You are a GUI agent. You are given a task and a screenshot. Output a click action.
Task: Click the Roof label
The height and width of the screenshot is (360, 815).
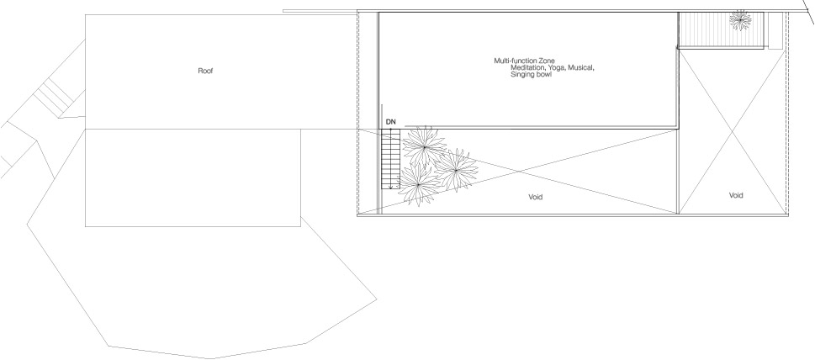coord(205,71)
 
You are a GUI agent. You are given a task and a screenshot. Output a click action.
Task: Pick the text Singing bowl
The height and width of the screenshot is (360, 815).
coord(531,75)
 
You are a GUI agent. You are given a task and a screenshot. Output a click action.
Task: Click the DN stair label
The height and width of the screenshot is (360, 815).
coord(391,122)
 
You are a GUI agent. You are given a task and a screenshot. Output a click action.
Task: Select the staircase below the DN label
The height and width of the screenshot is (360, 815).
coord(390,160)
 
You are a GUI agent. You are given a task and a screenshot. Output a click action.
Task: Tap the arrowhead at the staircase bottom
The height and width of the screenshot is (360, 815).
coord(390,187)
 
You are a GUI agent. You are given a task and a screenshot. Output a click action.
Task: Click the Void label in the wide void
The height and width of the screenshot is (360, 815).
coord(536,197)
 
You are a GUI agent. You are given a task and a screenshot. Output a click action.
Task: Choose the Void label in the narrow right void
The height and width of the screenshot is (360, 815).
coord(735,195)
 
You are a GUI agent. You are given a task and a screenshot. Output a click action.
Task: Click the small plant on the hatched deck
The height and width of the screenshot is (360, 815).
coord(740,20)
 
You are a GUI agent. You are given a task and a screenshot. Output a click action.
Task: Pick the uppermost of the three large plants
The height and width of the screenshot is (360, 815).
coord(424,147)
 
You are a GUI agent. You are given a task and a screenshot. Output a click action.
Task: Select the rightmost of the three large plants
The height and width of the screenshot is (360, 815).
coord(456,170)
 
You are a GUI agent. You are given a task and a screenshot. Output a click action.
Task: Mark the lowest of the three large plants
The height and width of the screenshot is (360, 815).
coord(419,184)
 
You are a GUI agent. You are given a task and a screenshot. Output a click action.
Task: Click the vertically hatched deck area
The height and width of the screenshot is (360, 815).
coord(722,30)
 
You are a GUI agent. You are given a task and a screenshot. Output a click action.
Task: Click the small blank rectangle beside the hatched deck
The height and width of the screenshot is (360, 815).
coord(775,30)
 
